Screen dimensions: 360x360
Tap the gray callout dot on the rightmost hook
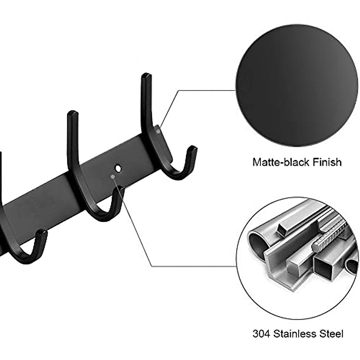158,130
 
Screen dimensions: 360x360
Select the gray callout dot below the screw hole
112,177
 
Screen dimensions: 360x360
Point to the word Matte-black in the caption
277,162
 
